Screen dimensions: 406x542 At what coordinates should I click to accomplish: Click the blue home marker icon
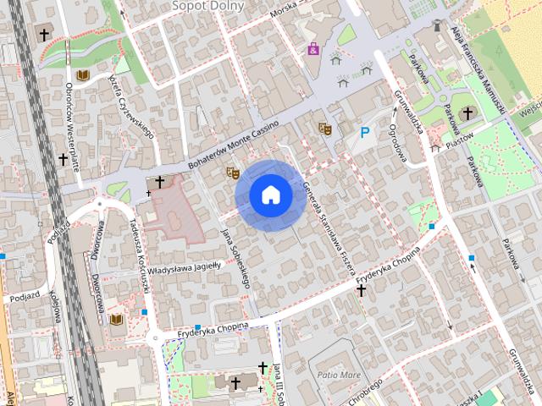271,195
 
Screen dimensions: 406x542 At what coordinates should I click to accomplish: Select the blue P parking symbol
365,132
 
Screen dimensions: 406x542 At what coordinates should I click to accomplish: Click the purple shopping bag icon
313,49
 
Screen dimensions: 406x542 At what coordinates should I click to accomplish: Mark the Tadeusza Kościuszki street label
139,255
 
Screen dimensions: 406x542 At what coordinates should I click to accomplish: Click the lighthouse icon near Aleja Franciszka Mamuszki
437,26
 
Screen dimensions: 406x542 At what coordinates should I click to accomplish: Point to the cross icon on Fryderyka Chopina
361,291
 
